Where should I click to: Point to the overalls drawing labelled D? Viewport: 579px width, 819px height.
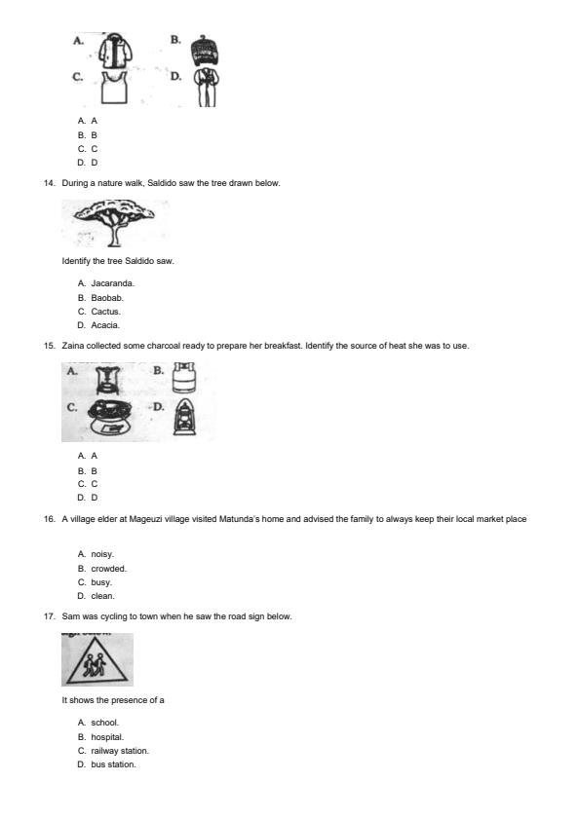pos(205,88)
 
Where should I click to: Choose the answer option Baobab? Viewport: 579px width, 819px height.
pos(107,297)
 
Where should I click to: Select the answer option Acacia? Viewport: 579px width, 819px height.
pos(105,325)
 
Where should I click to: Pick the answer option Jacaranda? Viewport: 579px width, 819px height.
pos(112,283)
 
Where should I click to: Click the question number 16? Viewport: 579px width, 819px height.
pos(50,519)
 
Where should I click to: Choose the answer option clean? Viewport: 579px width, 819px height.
pos(102,596)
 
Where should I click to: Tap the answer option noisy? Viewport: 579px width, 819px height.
pos(102,554)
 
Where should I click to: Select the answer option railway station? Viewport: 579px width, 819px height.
pos(120,751)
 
